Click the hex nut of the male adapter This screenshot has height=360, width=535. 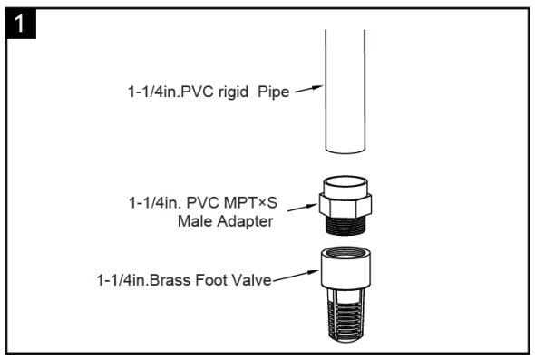(x=344, y=199)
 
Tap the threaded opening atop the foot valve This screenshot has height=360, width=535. (x=345, y=251)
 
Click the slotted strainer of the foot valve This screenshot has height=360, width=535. (x=345, y=314)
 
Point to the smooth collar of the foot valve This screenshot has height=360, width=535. (x=345, y=272)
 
